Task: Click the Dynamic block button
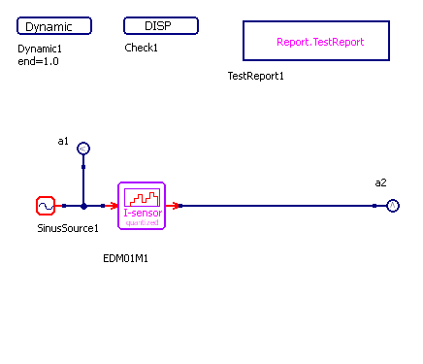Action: pyautogui.click(x=54, y=26)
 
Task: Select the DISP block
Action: pyautogui.click(x=161, y=25)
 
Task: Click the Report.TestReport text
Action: pyautogui.click(x=320, y=42)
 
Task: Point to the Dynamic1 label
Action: pyautogui.click(x=40, y=49)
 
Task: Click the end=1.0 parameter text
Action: pyautogui.click(x=38, y=61)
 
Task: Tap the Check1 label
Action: pyautogui.click(x=141, y=48)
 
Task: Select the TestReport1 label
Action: pyautogui.click(x=255, y=76)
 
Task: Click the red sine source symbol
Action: pyautogui.click(x=46, y=206)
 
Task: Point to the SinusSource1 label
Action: pyautogui.click(x=68, y=228)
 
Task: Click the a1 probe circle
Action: pyautogui.click(x=83, y=149)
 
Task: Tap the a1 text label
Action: pyautogui.click(x=63, y=141)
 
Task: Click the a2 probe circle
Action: pyautogui.click(x=393, y=206)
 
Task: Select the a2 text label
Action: pyautogui.click(x=380, y=182)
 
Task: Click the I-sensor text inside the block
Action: pyautogui.click(x=143, y=213)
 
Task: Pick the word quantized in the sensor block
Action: pyautogui.click(x=142, y=222)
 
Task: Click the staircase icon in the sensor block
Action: pyautogui.click(x=142, y=198)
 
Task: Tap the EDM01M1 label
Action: pyautogui.click(x=125, y=258)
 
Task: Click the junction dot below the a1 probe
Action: pyautogui.click(x=83, y=206)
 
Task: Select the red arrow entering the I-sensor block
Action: pyautogui.click(x=112, y=206)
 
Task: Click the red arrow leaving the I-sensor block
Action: pyautogui.click(x=172, y=206)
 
